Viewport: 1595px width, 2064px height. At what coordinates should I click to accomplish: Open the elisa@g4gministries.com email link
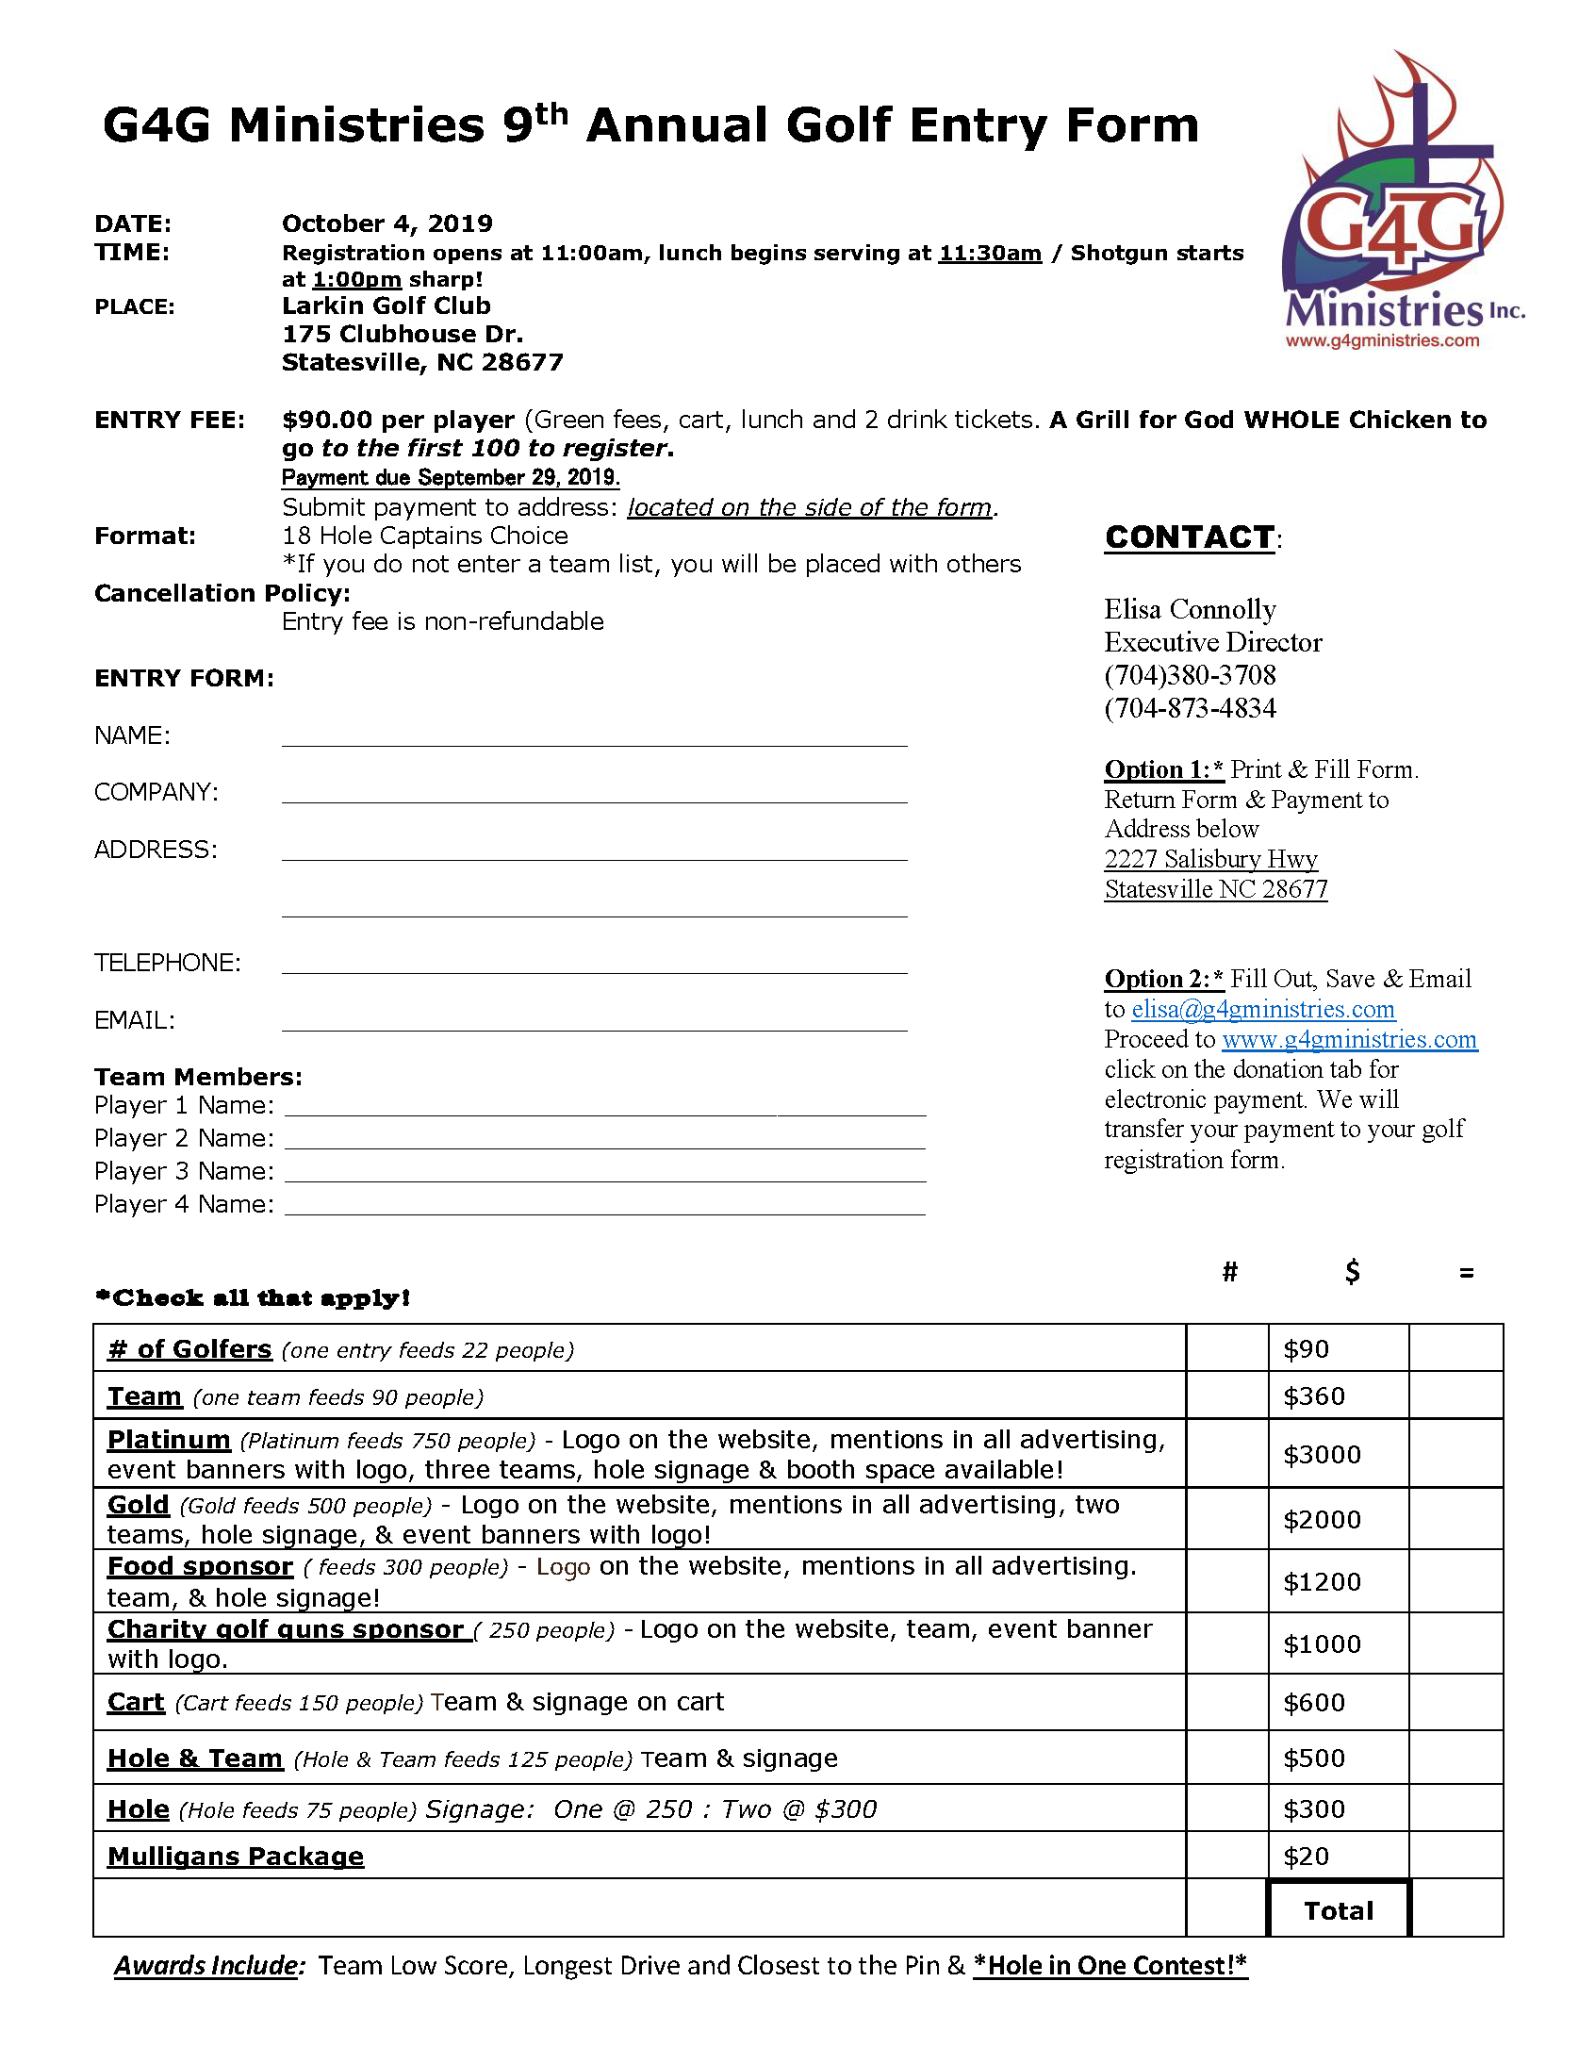tap(1262, 1009)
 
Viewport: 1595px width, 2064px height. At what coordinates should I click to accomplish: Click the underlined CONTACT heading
tap(1190, 537)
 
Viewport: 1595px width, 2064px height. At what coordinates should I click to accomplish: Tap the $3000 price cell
tap(1322, 1455)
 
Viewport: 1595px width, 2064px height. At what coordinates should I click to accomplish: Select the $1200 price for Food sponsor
tap(1322, 1582)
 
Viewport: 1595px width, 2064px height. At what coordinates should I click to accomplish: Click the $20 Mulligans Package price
tap(1306, 1856)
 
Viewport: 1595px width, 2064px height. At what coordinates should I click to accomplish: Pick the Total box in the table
tap(1338, 1910)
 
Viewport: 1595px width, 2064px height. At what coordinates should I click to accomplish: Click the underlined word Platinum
tap(169, 1439)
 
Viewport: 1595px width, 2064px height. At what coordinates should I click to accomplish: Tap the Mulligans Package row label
tap(236, 1856)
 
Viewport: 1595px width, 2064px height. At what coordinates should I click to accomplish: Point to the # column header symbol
tap(1229, 1272)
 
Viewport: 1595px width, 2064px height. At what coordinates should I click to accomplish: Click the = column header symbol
tap(1466, 1273)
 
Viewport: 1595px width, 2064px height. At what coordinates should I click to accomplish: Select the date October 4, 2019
tap(387, 223)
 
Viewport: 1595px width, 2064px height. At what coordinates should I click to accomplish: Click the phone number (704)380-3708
tap(1190, 675)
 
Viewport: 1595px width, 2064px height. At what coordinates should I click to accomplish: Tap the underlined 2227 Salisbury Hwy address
tap(1210, 859)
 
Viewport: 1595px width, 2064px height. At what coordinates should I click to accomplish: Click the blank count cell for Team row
tap(1226, 1395)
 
